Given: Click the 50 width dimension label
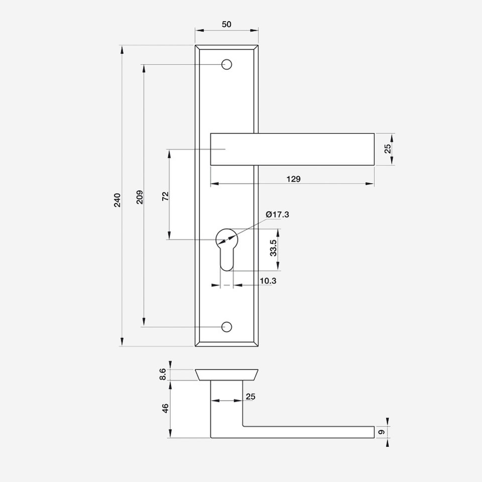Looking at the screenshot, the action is (x=226, y=24).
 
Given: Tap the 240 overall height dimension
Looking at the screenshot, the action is (x=117, y=200).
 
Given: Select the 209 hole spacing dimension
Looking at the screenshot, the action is (x=140, y=197).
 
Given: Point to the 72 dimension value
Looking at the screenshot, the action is (x=165, y=196).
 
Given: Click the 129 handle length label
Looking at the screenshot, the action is (x=294, y=179).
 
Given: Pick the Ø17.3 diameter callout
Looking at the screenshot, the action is (x=278, y=214).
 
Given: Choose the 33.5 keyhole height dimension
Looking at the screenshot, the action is (x=273, y=248).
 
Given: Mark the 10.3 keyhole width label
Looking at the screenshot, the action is (x=268, y=281).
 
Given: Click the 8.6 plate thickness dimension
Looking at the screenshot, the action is (x=163, y=375).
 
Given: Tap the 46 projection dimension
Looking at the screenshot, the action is (x=165, y=408).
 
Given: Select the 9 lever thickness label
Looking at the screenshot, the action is (x=382, y=432).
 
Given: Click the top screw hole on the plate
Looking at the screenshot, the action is (x=226, y=65).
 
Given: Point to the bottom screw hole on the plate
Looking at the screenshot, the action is (x=226, y=327).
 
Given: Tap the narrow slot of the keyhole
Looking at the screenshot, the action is (x=226, y=260).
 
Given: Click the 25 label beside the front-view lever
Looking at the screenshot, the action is (x=388, y=149).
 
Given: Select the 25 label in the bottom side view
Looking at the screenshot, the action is (x=251, y=397).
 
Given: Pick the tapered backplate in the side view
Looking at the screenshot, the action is (x=226, y=375).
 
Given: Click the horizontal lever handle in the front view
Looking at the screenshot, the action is (x=292, y=150).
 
